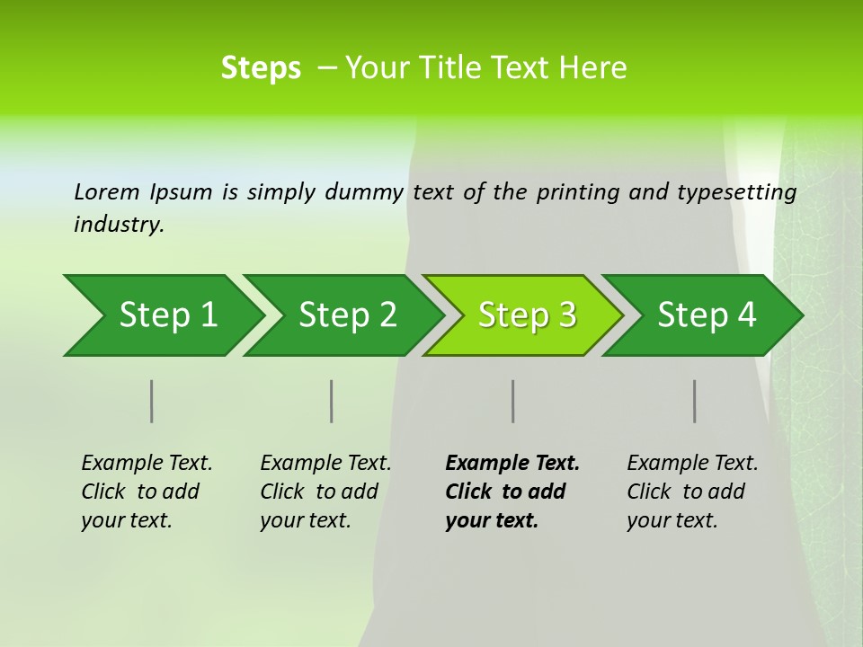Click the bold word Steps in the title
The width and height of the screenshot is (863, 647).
(x=261, y=67)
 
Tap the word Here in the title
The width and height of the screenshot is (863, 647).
(x=592, y=67)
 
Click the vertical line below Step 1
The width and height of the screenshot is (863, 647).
(x=152, y=401)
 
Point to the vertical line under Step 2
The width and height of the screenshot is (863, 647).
(x=332, y=401)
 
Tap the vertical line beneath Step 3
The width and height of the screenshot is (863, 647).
(x=513, y=401)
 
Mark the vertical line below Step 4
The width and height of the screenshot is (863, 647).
(x=695, y=401)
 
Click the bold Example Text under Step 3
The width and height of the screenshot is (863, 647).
(x=512, y=464)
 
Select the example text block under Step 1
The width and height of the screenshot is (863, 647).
(x=147, y=492)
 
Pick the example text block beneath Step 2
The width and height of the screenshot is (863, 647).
(x=325, y=492)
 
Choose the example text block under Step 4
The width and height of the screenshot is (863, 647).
(x=692, y=492)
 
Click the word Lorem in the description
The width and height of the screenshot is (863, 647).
(x=107, y=192)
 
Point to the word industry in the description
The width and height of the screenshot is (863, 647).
(x=118, y=225)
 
